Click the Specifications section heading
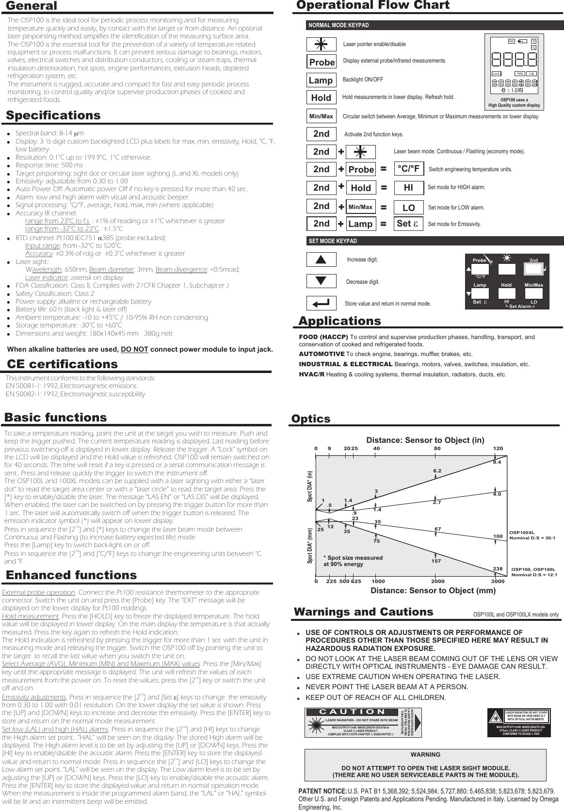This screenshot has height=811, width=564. pyautogui.click(x=53, y=115)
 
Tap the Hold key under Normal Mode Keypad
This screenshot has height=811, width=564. pyautogui.click(x=321, y=97)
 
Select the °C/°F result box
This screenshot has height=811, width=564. pyautogui.click(x=408, y=168)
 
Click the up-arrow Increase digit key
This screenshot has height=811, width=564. pyautogui.click(x=321, y=260)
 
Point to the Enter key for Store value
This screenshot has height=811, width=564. pyautogui.click(x=321, y=304)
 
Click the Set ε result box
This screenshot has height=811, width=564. pyautogui.click(x=408, y=224)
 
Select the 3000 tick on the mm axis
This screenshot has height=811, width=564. pyautogui.click(x=497, y=581)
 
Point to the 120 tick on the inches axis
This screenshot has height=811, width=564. pyautogui.click(x=498, y=449)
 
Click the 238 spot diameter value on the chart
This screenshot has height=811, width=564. pyautogui.click(x=498, y=568)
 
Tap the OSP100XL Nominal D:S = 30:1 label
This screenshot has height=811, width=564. pyautogui.click(x=532, y=535)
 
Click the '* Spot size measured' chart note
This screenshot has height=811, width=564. pyautogui.click(x=353, y=561)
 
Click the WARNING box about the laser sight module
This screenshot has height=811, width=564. pyautogui.click(x=425, y=764)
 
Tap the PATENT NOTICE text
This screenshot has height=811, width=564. pyautogui.click(x=322, y=791)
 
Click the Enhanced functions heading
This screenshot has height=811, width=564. pyautogui.click(x=71, y=575)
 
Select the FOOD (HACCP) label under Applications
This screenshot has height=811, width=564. pyautogui.click(x=323, y=337)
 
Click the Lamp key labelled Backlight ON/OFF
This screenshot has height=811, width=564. pyautogui.click(x=321, y=80)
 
